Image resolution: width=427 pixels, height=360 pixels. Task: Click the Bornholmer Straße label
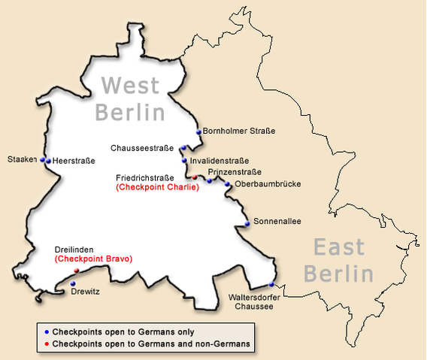coord(239,131)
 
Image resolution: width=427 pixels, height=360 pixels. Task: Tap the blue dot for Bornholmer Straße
coord(199,132)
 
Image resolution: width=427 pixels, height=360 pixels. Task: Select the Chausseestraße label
coord(142,148)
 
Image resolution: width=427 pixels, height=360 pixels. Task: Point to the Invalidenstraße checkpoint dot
coord(184,160)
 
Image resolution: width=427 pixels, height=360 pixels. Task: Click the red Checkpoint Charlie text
coord(157,187)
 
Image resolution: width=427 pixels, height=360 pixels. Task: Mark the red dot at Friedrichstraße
coord(194,177)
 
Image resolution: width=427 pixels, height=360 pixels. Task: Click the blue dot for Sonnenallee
coord(247,224)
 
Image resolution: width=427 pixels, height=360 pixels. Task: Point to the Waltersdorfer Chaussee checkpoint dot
coord(272,284)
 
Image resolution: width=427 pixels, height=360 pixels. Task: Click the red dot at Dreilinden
coord(77,271)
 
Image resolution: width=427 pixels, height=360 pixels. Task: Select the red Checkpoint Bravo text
coord(93,259)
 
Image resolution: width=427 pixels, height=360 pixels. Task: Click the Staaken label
coord(22,159)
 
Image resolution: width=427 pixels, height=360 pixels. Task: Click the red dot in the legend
coord(47,343)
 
